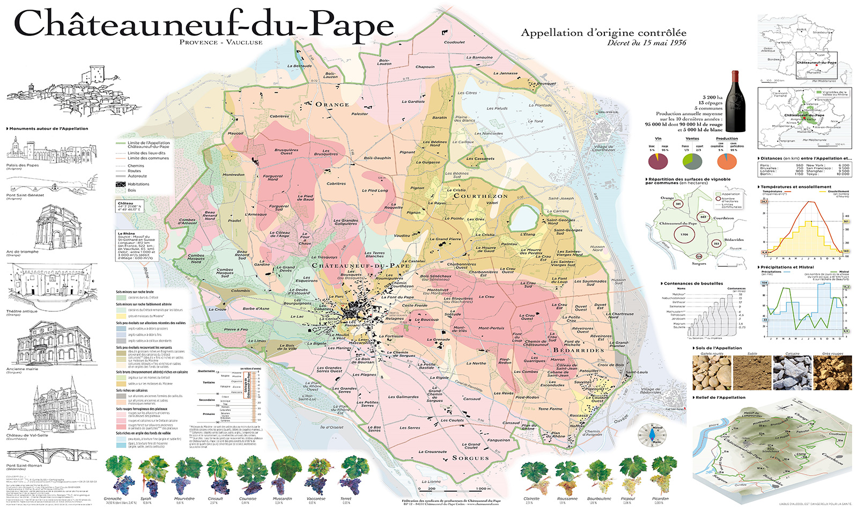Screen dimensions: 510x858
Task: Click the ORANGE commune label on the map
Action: click(x=332, y=104)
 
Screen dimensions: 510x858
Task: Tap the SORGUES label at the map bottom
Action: click(x=470, y=458)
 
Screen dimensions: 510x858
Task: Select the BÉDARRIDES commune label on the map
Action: click(x=579, y=350)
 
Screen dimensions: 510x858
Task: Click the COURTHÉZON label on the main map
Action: click(x=480, y=196)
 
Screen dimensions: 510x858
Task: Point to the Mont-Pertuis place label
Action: click(x=491, y=328)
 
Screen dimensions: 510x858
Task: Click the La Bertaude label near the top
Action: click(x=299, y=66)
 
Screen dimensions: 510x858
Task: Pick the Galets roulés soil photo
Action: click(x=712, y=373)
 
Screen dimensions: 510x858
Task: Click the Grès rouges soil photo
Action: click(x=832, y=373)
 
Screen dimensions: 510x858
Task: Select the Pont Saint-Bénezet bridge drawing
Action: click(x=51, y=185)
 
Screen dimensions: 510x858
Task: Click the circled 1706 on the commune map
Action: click(x=684, y=235)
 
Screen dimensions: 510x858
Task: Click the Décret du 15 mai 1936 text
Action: click(x=646, y=43)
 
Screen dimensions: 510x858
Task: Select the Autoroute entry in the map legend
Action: click(x=137, y=176)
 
